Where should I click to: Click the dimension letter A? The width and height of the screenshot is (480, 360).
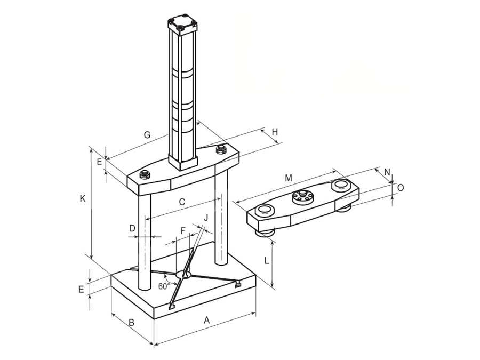tap(207, 320)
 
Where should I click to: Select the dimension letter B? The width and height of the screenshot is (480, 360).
tap(131, 322)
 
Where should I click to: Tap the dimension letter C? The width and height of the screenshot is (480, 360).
tap(182, 202)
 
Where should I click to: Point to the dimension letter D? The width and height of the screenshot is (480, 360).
tap(132, 228)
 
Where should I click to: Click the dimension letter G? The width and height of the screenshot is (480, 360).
tap(147, 135)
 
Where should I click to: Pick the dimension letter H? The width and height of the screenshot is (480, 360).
tap(275, 132)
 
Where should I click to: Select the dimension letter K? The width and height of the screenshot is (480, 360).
tap(82, 199)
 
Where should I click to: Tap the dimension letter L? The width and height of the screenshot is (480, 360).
tap(267, 261)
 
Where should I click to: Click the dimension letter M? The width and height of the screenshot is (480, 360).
tap(289, 178)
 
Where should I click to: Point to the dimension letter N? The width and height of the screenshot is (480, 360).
tap(387, 172)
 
